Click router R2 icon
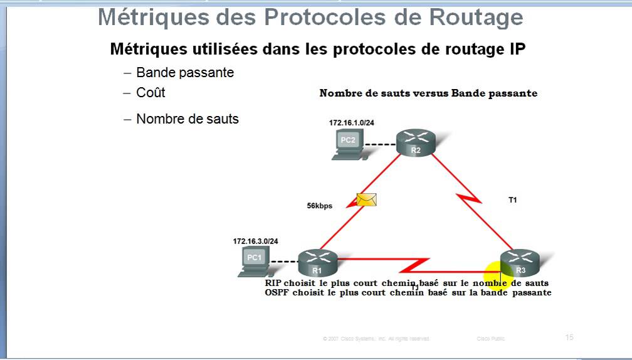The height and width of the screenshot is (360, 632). click(416, 142)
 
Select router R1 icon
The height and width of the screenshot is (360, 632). click(317, 262)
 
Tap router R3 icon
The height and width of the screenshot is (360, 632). click(520, 262)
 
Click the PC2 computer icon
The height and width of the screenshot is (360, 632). click(347, 144)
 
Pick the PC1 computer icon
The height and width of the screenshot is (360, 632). click(254, 261)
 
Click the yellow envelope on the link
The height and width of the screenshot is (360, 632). click(366, 199)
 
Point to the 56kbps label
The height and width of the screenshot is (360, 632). click(319, 206)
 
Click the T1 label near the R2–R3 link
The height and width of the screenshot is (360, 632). click(512, 200)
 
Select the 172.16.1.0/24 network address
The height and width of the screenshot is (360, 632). click(351, 123)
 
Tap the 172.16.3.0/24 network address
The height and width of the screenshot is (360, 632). click(255, 241)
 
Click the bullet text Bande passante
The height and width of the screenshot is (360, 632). click(185, 73)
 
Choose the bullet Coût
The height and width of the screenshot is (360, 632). click(150, 92)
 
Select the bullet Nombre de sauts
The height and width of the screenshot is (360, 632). click(187, 119)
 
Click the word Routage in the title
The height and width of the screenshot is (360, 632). click(476, 18)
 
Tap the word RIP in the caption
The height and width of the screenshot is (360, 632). click(274, 283)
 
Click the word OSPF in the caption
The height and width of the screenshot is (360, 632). click(277, 292)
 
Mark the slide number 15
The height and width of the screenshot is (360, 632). click(569, 337)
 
